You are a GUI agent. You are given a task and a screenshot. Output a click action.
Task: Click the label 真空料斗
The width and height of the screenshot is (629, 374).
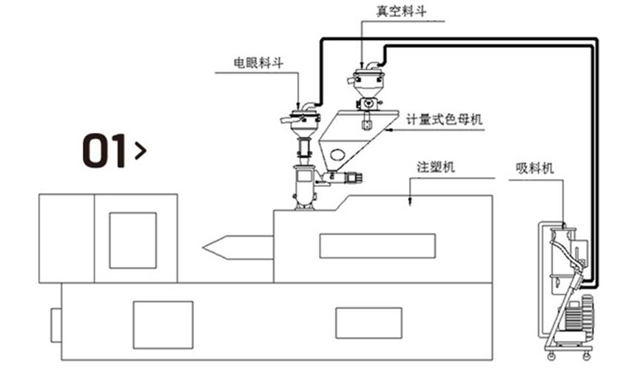pos(397,10)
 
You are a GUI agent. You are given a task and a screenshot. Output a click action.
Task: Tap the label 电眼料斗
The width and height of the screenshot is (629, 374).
pos(258,63)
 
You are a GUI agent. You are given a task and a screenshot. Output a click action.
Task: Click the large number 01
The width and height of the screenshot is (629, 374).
pos(104,151)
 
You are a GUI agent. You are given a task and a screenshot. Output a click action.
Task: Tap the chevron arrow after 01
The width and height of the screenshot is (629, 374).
pos(140,151)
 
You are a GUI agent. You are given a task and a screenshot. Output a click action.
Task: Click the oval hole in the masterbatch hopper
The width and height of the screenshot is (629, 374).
pos(337,155)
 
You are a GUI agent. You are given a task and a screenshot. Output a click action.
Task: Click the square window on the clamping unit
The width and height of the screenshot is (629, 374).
pos(133,240)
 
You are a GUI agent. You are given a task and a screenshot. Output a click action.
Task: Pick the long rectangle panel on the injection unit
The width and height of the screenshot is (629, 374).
pos(377,245)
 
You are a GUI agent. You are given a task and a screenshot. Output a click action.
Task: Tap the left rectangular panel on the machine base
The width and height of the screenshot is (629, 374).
pos(163,324)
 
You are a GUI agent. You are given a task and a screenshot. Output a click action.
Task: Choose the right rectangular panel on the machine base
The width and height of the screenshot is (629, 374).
pos(369,323)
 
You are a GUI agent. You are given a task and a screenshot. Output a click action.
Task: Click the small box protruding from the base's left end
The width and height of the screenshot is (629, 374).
pos(56,325)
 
